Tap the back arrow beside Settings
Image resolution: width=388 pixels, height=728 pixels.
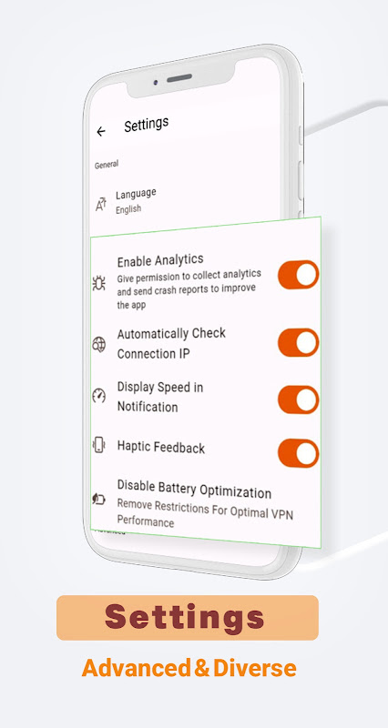(x=101, y=131)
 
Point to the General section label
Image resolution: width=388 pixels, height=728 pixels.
(x=107, y=165)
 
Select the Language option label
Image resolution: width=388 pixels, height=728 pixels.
(x=136, y=193)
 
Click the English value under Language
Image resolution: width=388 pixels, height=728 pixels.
(x=128, y=208)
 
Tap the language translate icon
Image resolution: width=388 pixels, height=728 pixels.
(x=101, y=204)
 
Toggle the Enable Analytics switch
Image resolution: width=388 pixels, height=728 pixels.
(x=298, y=275)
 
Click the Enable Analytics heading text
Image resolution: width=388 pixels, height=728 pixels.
(x=160, y=260)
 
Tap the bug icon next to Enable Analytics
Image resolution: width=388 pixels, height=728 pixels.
(x=99, y=283)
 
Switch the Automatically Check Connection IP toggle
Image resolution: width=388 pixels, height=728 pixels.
(x=298, y=342)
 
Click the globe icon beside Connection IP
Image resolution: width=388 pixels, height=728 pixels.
(x=99, y=345)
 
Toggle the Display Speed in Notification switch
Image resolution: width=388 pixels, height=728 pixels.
(x=298, y=399)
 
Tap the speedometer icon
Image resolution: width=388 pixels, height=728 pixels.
(x=99, y=396)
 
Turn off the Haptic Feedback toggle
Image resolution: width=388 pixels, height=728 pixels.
(x=298, y=453)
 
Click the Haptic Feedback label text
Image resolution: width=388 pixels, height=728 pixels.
(x=161, y=448)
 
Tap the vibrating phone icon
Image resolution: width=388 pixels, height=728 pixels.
(x=99, y=445)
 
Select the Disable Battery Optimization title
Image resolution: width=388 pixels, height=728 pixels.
(x=194, y=492)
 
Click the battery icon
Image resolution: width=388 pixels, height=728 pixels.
(x=99, y=499)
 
